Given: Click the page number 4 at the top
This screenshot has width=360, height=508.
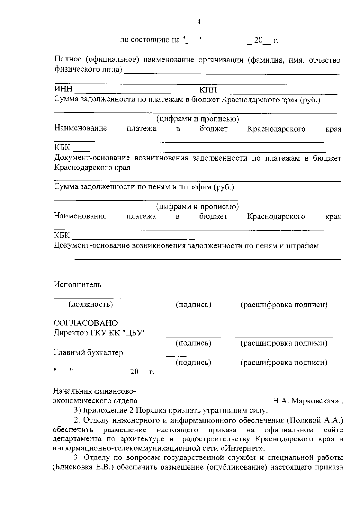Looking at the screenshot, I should click(x=199, y=21).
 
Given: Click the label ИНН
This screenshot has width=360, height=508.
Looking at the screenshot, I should click(x=63, y=89).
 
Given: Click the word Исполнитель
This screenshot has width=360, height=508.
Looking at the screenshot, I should click(x=78, y=285).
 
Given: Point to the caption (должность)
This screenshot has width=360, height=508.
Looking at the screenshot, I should click(x=91, y=305).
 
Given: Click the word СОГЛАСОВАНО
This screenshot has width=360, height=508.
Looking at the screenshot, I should click(x=86, y=323).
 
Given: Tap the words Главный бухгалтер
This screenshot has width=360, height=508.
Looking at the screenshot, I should click(x=88, y=352).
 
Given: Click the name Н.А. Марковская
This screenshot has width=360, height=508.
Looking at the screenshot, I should click(x=306, y=401).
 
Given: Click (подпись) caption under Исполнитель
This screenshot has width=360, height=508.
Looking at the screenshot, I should click(x=193, y=305).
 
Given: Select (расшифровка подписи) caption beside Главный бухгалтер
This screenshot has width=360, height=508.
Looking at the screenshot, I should click(x=284, y=363).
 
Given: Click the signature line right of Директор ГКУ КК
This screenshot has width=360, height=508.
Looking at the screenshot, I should click(x=193, y=337).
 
